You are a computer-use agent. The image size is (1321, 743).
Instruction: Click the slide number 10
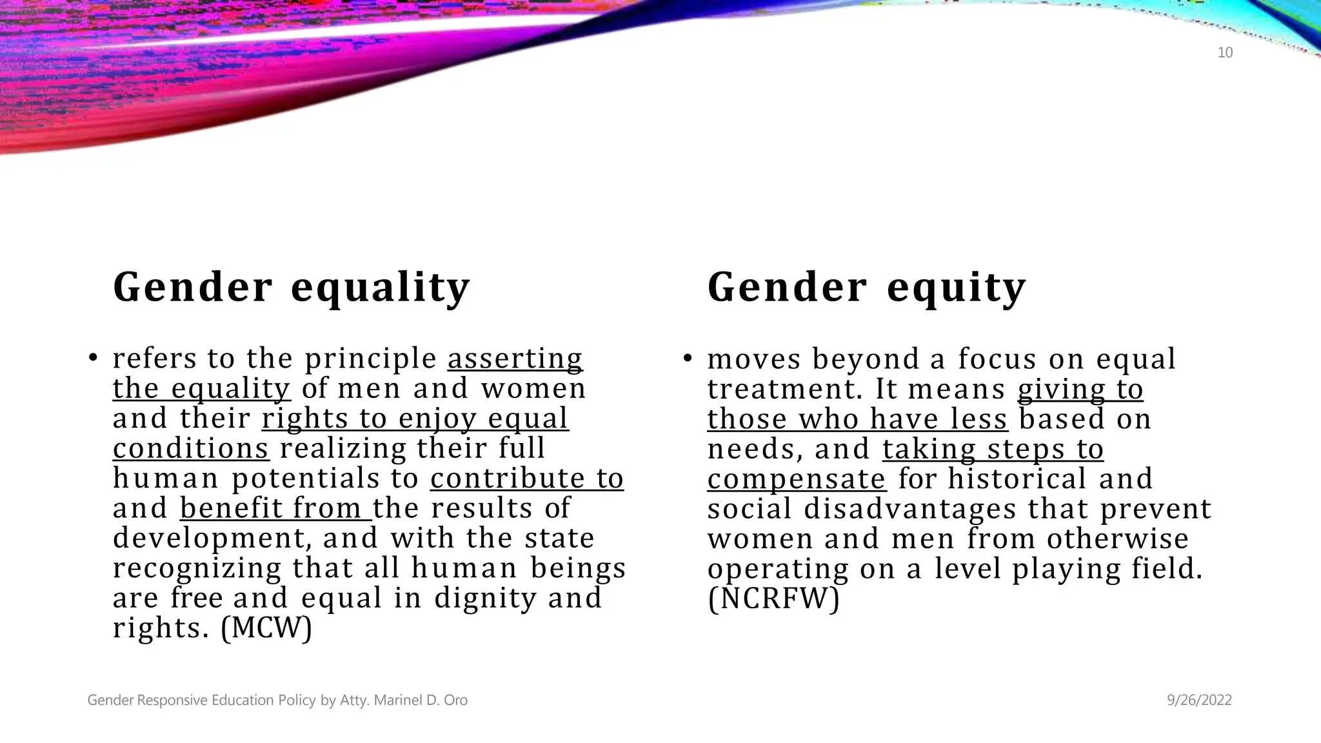1225,53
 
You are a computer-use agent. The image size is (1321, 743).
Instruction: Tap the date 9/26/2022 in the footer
1199,700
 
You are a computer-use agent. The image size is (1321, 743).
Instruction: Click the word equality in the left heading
381,287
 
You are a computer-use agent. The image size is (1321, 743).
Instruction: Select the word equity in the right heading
957,287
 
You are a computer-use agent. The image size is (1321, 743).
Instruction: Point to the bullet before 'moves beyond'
688,359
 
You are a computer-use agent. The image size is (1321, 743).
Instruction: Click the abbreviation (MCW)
266,628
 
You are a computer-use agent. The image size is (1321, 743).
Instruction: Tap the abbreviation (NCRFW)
773,598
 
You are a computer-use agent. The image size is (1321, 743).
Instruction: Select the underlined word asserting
515,359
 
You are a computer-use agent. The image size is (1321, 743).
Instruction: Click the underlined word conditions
191,448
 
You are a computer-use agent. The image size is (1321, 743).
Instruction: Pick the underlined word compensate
797,479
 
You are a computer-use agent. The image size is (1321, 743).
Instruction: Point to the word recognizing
197,568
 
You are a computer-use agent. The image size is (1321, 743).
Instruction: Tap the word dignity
485,598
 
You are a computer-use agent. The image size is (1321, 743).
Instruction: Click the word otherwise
1118,538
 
